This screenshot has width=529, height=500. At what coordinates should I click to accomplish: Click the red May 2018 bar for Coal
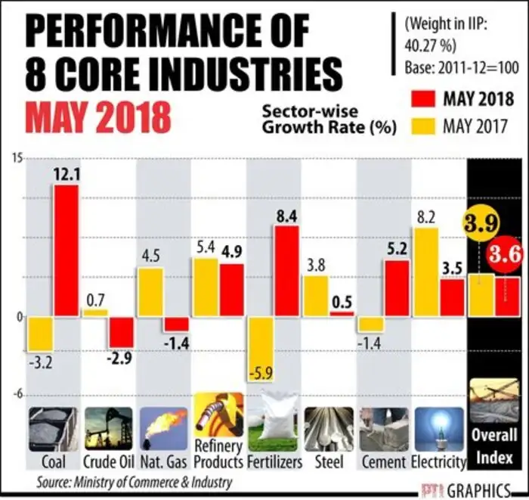point(66,250)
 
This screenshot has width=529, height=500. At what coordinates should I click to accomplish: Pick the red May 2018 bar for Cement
point(397,288)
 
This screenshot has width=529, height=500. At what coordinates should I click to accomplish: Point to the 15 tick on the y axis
point(15,157)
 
